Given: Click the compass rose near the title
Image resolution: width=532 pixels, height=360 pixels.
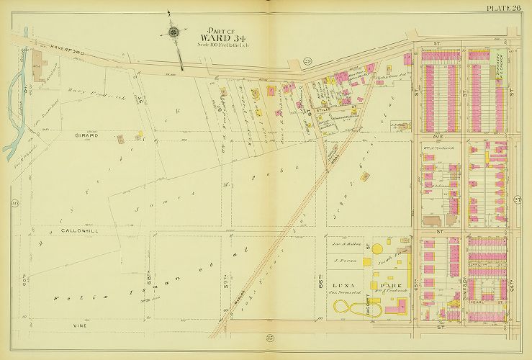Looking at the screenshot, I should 173,32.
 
